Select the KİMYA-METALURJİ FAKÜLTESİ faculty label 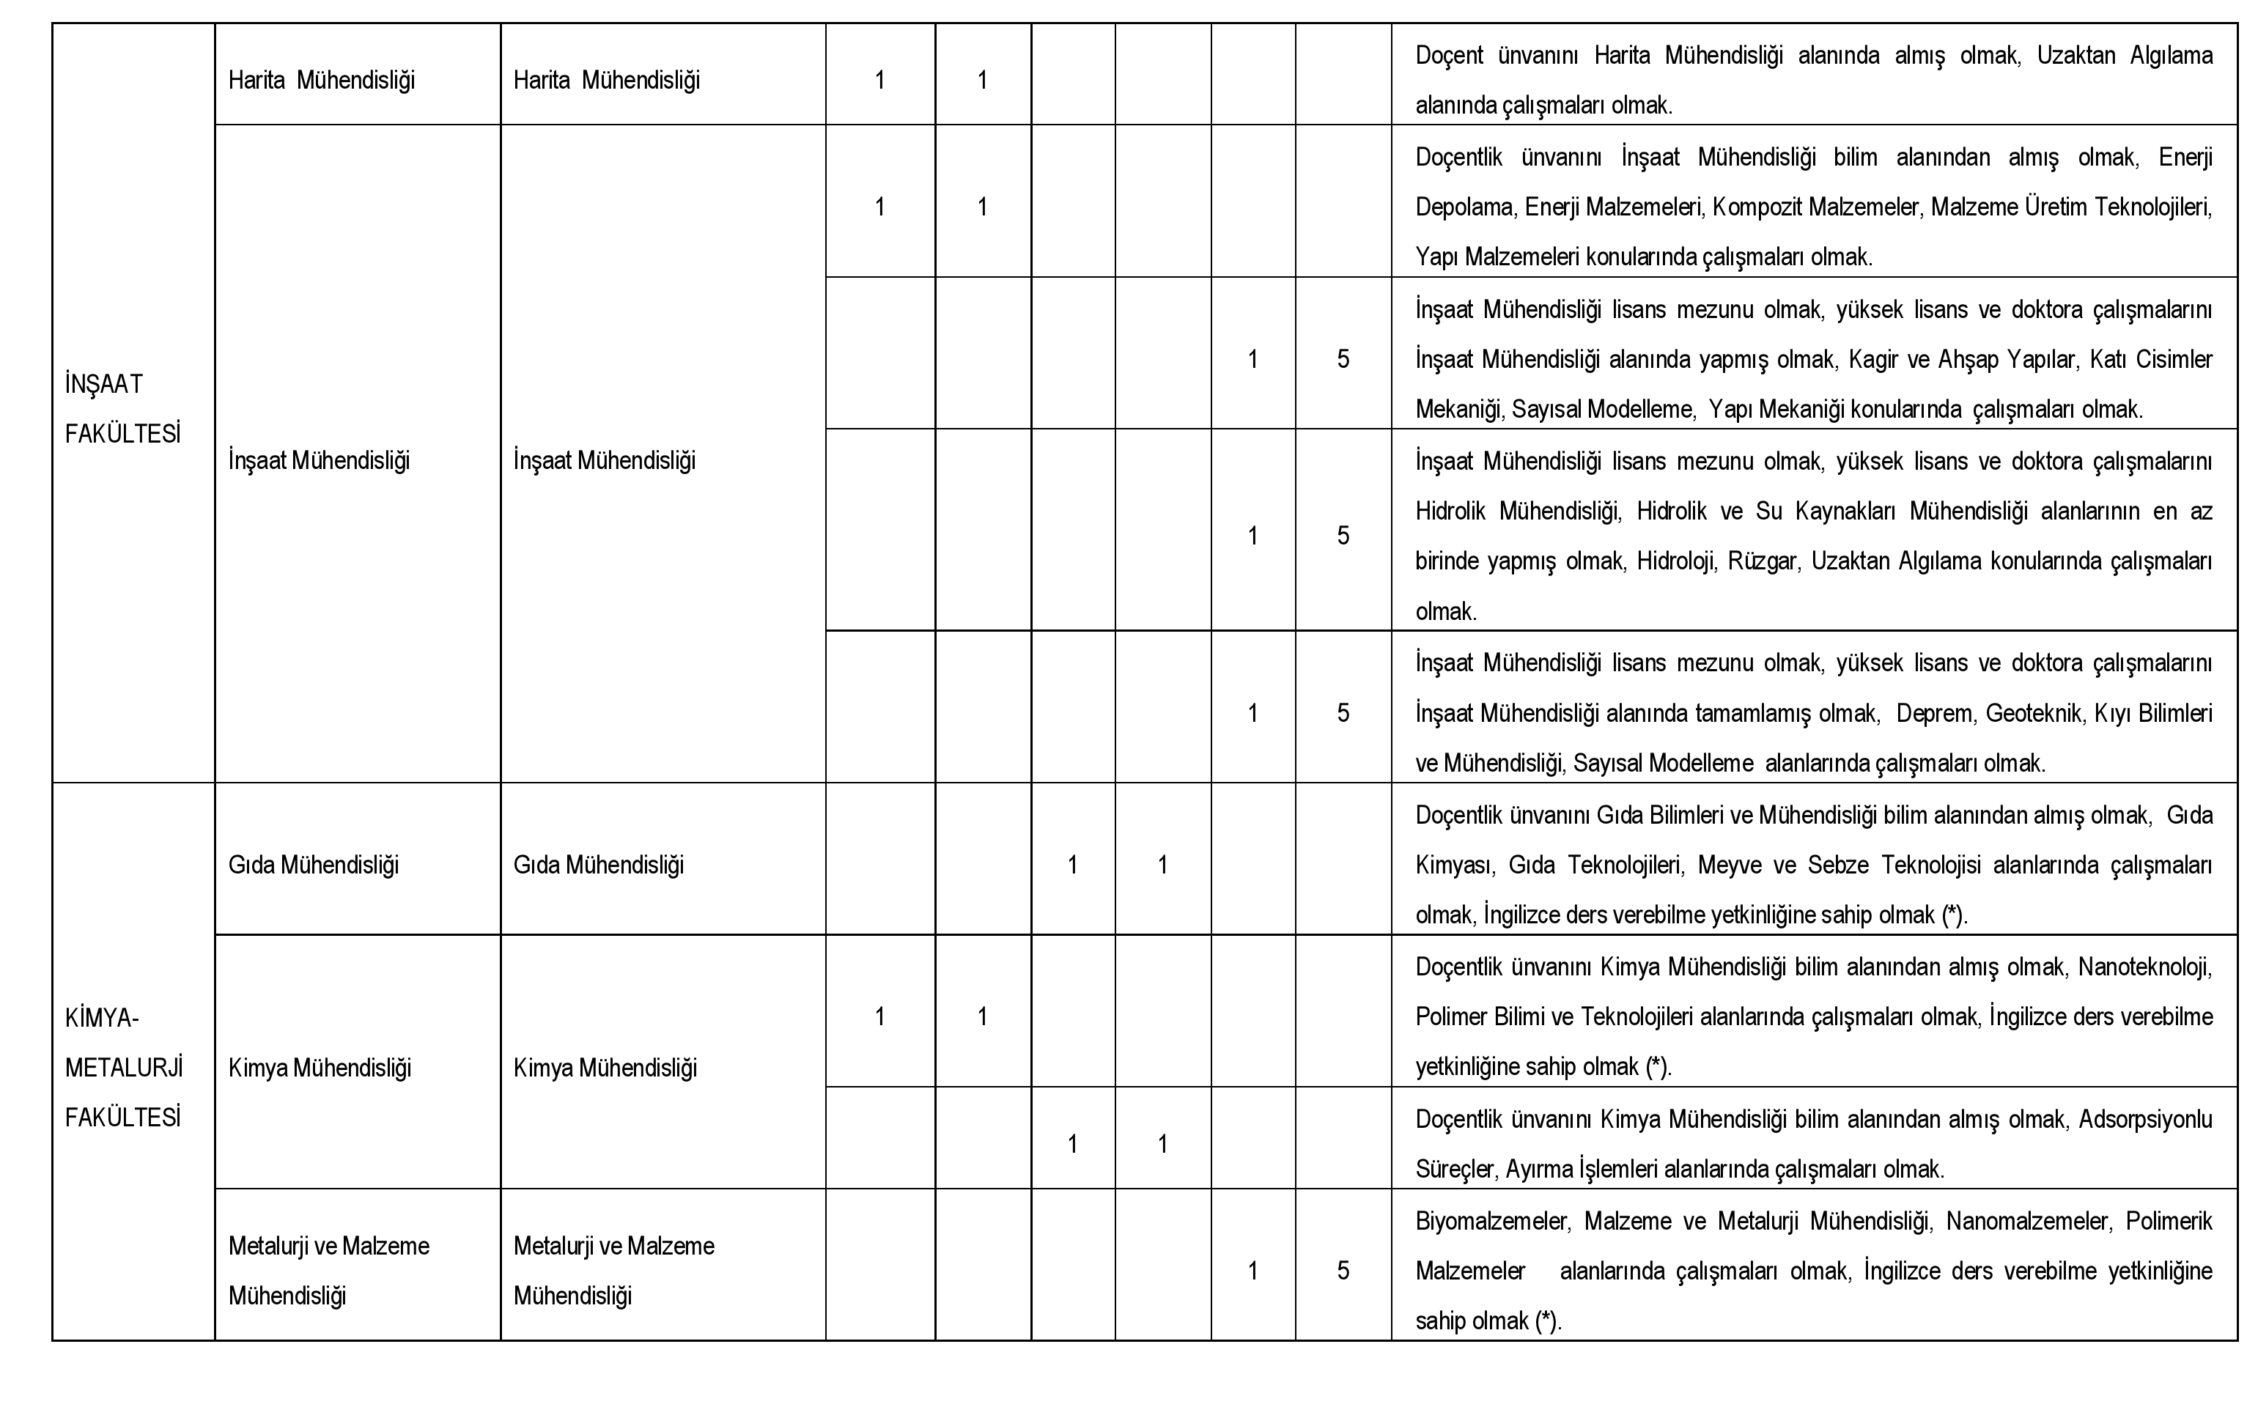click(x=124, y=1068)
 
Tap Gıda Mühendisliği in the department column click(x=314, y=865)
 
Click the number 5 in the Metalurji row click(x=1343, y=1271)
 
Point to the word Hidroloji click(x=1677, y=561)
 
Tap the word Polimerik click(x=2169, y=1221)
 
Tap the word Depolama click(x=1466, y=207)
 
